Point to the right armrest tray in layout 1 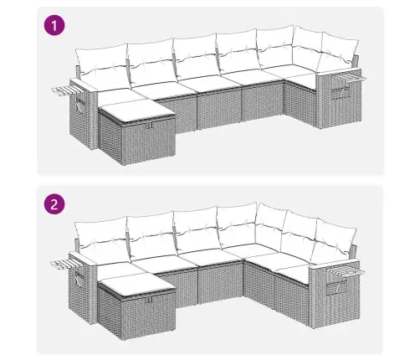(355, 78)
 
